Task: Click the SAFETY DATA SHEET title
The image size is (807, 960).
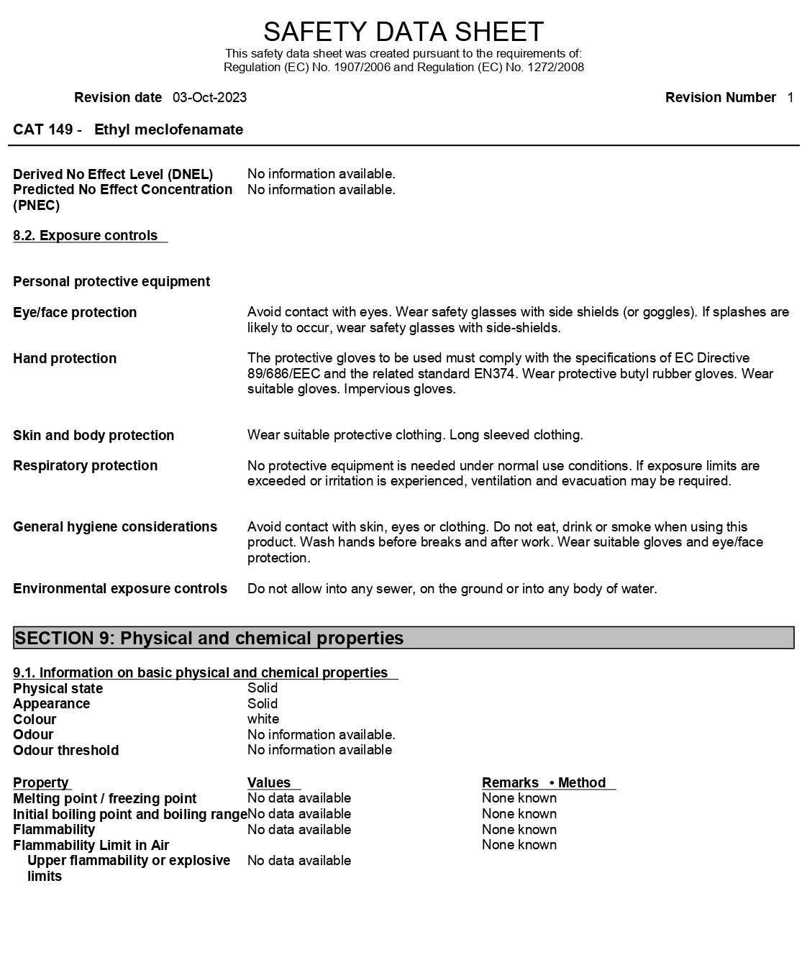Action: (403, 32)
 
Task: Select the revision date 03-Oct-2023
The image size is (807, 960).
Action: (209, 98)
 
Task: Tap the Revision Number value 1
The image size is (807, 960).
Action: (790, 98)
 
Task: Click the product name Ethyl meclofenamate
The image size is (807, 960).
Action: (168, 130)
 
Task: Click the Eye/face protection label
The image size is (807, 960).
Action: (75, 313)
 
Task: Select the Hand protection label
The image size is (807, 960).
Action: (65, 359)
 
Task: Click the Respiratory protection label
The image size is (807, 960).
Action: (85, 466)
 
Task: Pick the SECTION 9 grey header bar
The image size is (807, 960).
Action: (403, 639)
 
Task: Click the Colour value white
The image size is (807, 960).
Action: (263, 719)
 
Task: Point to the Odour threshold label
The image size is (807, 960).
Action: (65, 751)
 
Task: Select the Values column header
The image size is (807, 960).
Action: (269, 783)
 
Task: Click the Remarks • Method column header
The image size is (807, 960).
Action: (544, 783)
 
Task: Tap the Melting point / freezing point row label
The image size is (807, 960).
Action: (104, 799)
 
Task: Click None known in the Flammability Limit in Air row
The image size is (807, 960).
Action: (519, 845)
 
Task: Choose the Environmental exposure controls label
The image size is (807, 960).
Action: (120, 589)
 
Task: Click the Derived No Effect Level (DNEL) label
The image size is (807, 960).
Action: (113, 175)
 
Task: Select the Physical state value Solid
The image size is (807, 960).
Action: (263, 688)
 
